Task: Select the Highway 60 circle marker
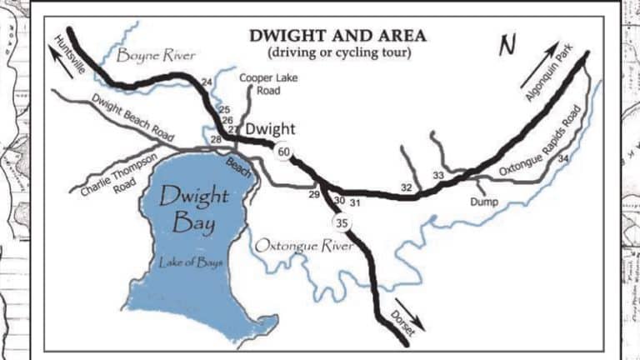pos(284,152)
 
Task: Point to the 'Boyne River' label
pos(156,56)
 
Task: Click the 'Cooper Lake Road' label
pos(262,83)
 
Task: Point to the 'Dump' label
pos(483,201)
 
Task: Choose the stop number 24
pos(207,81)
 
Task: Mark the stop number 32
pos(406,187)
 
